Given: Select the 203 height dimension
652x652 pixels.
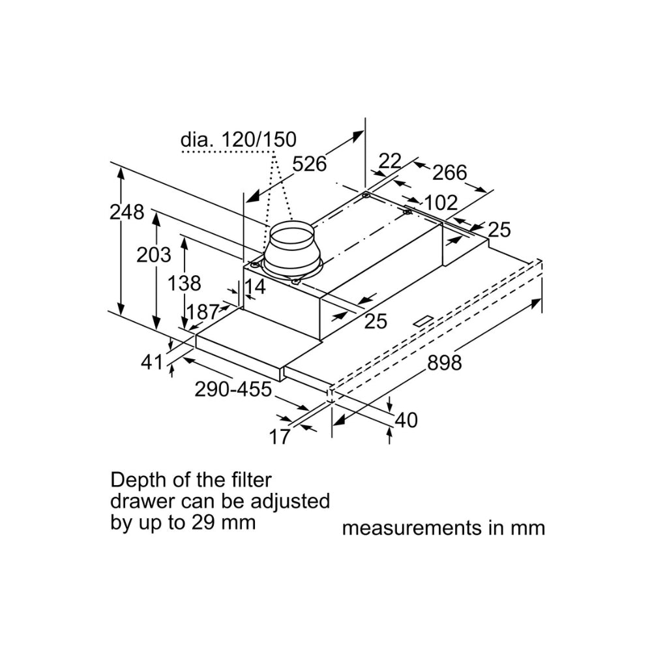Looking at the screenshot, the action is click(154, 255).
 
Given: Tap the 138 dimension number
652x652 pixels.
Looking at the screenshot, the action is click(185, 284).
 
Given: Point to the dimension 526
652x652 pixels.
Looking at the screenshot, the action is click(309, 164).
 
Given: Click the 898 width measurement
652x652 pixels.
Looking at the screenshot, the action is click(445, 363).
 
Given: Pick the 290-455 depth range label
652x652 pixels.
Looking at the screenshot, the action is click(233, 390).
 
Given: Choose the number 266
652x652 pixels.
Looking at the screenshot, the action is click(449, 173).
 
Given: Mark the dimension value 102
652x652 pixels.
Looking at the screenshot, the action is click(441, 203).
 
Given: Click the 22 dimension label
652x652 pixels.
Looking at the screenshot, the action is click(390, 161).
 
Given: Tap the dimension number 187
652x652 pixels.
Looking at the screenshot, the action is click(203, 312).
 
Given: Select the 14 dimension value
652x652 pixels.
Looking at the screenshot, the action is click(254, 287).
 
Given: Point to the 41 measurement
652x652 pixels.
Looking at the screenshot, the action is click(152, 362).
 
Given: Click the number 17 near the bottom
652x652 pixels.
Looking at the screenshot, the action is click(280, 437).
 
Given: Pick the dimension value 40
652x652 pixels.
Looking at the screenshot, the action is click(406, 421).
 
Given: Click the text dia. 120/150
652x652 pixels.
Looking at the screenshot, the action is click(239, 140).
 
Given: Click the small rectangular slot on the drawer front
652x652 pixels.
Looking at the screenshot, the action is click(423, 320).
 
